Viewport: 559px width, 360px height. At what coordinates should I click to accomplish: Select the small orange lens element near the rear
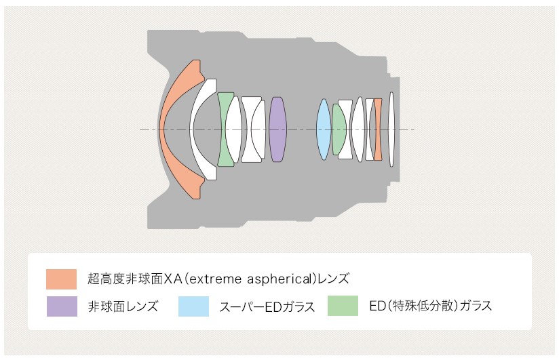tap(378, 129)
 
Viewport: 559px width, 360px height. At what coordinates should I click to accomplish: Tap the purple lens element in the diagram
tap(277, 129)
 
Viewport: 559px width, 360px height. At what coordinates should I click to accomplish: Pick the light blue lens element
tap(324, 129)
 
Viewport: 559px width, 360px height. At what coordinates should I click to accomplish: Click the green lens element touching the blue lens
tap(339, 129)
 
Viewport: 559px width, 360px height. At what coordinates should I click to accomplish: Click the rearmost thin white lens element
tap(391, 129)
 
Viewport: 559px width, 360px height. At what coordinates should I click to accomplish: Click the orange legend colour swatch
tap(61, 279)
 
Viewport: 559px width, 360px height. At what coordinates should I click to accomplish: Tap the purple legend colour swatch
tap(62, 306)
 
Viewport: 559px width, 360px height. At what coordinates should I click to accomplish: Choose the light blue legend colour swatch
tap(193, 306)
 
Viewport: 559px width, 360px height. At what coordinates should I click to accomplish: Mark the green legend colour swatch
tap(343, 306)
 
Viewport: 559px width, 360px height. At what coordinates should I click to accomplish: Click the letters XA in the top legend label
tap(173, 279)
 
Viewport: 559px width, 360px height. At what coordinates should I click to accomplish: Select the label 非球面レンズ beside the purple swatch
tap(123, 306)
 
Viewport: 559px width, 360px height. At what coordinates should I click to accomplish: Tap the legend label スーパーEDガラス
tap(267, 307)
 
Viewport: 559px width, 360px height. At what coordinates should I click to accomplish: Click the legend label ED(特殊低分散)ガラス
tap(431, 306)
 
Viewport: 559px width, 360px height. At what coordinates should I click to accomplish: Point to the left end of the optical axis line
tap(140, 129)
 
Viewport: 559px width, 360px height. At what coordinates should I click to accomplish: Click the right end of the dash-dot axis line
tap(415, 129)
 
